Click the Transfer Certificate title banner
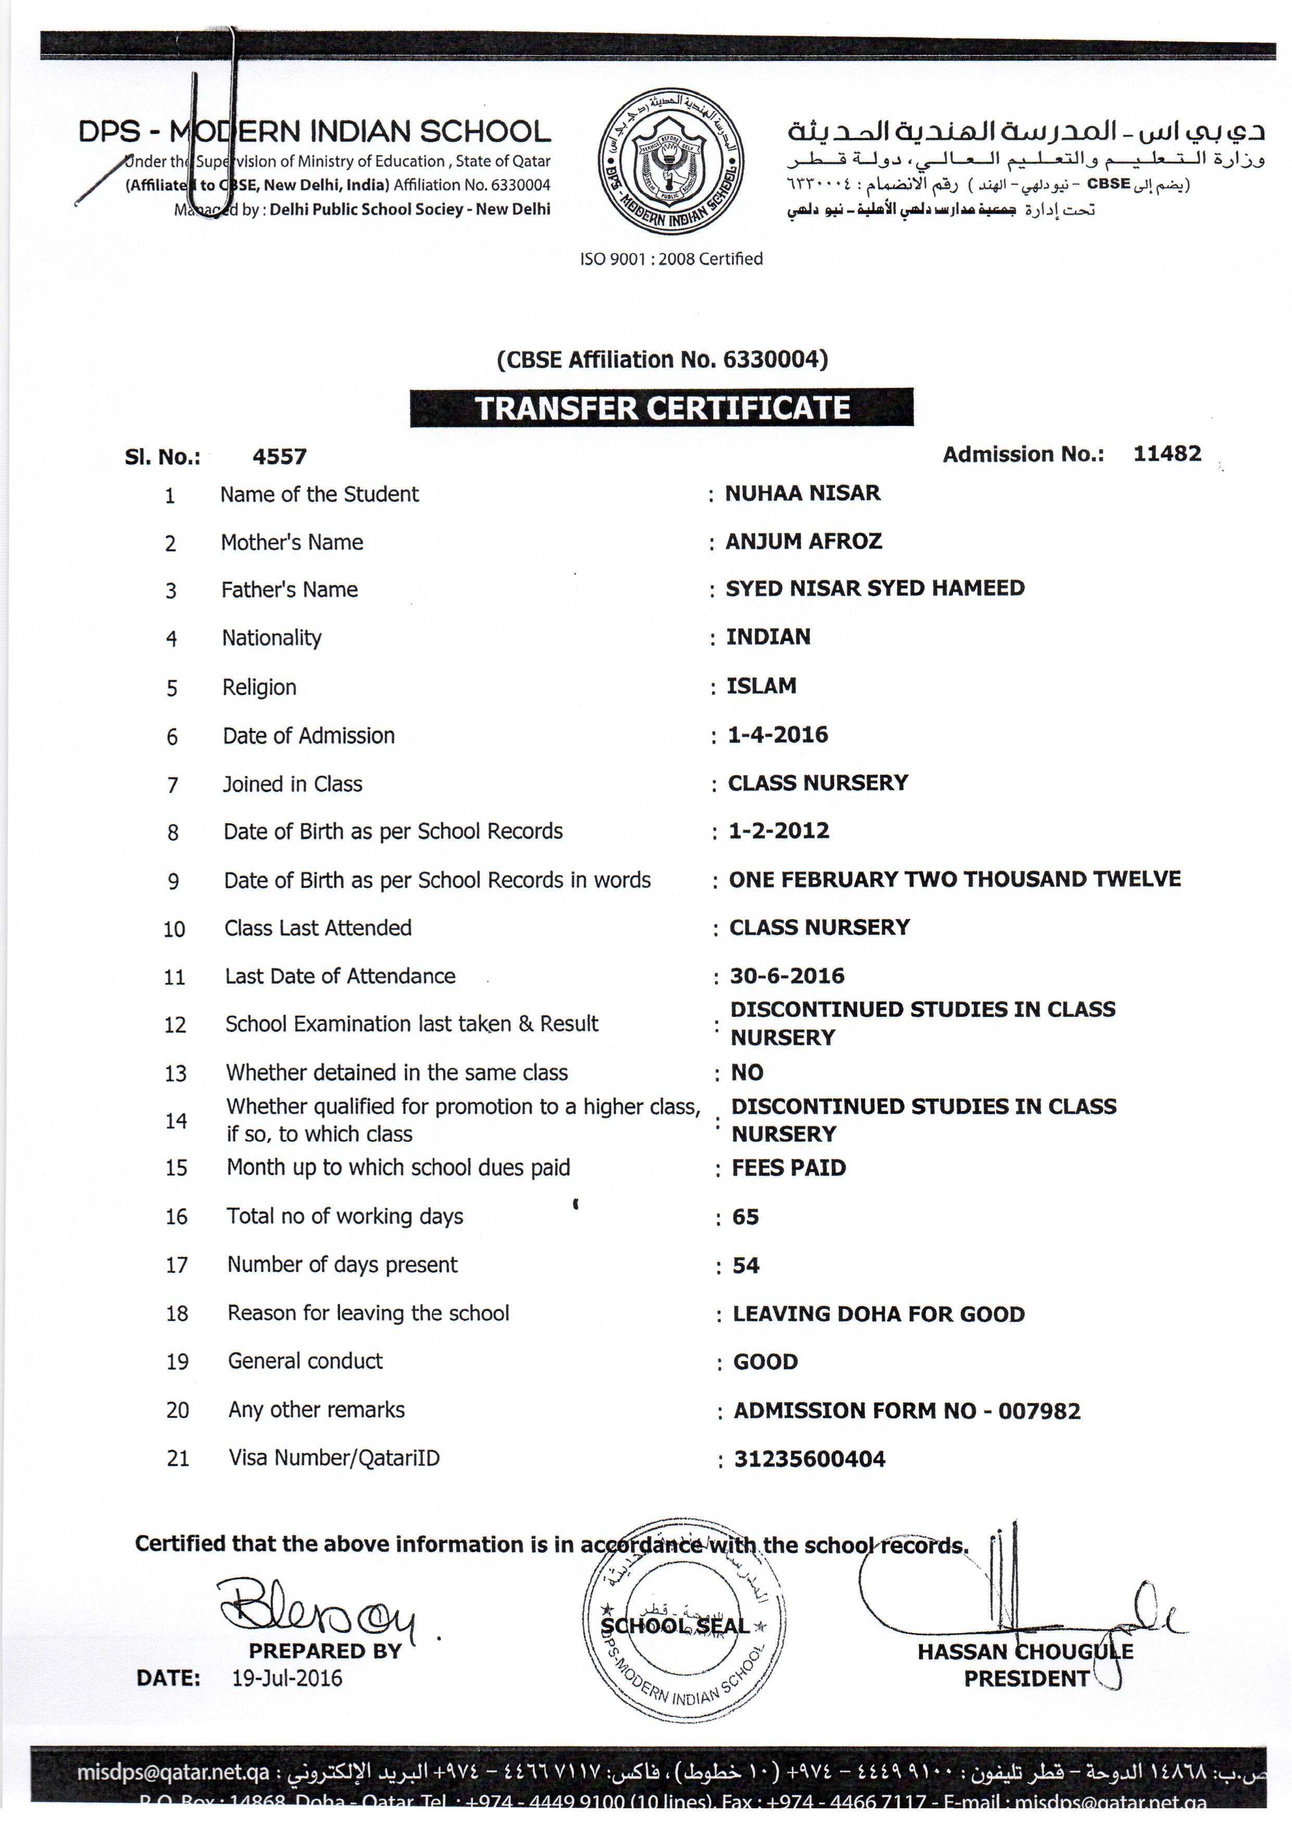pos(661,408)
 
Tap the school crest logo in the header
pos(671,161)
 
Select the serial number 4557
pos(279,457)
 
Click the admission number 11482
pos(1166,454)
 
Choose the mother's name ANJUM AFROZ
pos(804,541)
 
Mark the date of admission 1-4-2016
pos(777,734)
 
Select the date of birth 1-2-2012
pos(779,830)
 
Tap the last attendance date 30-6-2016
pos(787,976)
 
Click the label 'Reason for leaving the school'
pos(368,1313)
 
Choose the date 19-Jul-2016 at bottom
pos(287,1679)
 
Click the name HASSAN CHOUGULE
pos(1025,1651)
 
